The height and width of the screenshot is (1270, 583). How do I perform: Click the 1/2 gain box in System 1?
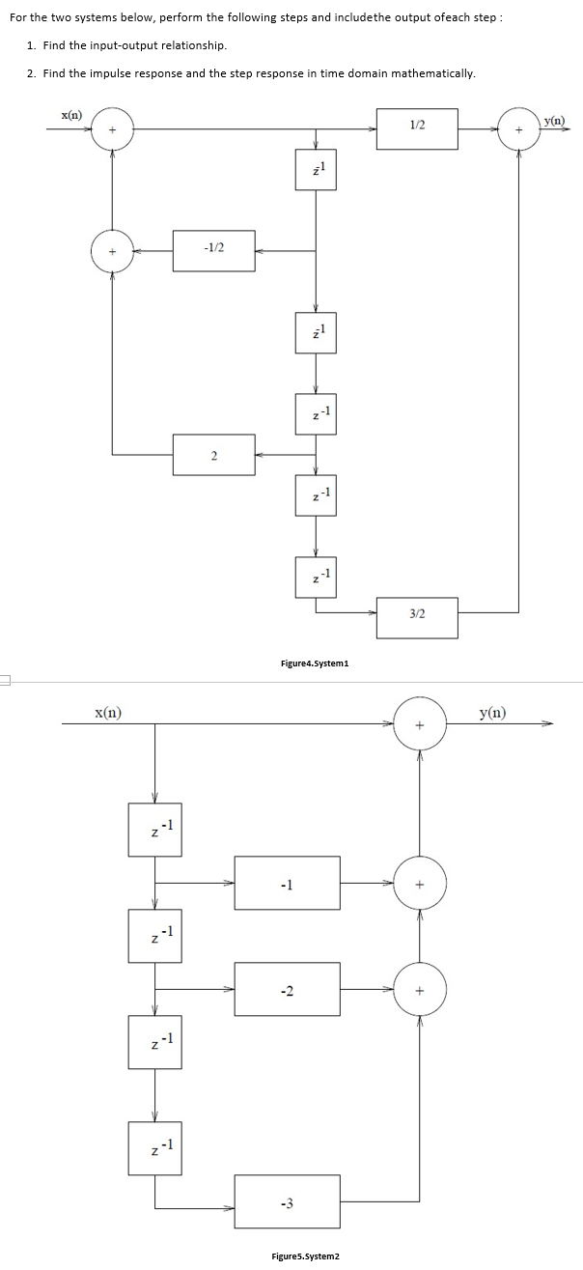(x=417, y=129)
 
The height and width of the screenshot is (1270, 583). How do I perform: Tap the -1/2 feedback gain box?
(x=213, y=251)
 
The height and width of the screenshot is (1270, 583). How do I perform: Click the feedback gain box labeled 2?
(x=213, y=455)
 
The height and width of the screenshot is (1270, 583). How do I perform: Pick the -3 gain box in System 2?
(x=287, y=1202)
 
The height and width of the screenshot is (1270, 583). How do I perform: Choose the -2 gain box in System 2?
(x=287, y=989)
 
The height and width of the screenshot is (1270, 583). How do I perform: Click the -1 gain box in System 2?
(x=287, y=883)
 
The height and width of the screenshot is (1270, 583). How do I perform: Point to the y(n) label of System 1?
(x=555, y=120)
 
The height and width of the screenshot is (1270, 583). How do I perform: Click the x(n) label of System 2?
(x=107, y=713)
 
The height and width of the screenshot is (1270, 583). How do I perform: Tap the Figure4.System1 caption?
(x=314, y=663)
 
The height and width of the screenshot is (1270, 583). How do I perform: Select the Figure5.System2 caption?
(x=305, y=1256)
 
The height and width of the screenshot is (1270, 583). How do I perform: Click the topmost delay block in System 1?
(x=316, y=170)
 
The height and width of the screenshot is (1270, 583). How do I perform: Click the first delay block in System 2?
(x=154, y=830)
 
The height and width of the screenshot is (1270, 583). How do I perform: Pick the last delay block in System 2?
(x=154, y=1149)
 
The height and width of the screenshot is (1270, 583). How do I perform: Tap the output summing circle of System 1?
(x=519, y=129)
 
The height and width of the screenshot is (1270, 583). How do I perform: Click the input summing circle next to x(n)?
(x=112, y=129)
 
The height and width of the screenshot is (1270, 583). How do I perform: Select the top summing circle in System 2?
(x=420, y=722)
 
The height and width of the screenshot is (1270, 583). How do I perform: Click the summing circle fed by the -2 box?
(x=420, y=989)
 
